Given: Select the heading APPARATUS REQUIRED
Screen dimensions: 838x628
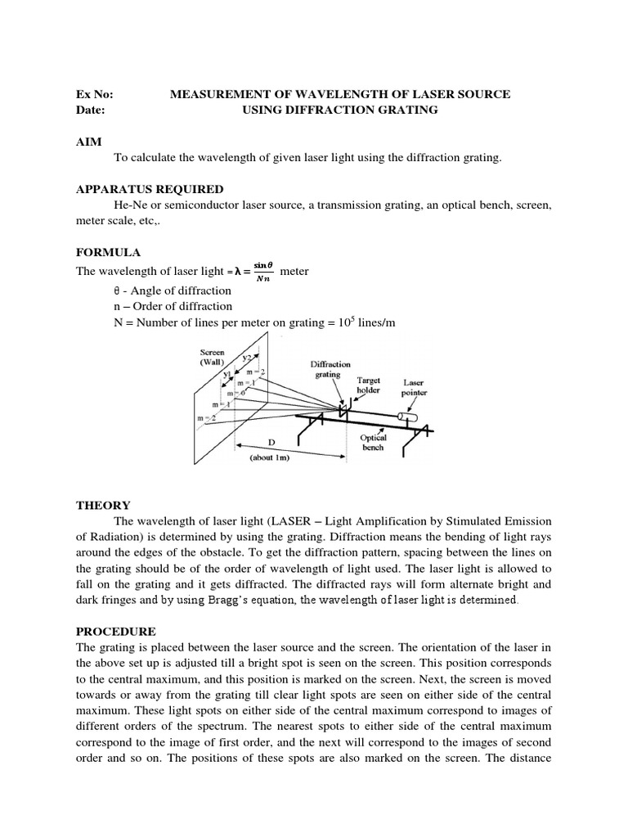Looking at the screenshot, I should pos(149,189).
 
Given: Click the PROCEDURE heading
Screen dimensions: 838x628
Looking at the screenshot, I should pos(115,632).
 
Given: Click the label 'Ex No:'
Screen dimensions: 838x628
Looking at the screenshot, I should pos(92,95).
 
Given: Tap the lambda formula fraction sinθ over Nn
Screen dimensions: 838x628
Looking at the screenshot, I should pos(262,272).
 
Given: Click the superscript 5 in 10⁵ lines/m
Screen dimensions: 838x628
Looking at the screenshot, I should pos(365,318).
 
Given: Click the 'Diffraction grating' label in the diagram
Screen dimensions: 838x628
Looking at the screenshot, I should pos(330,370).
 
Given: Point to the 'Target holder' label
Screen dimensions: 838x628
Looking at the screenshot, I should pos(369,385).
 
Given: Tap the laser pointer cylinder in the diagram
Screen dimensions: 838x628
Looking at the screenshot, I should pos(406,417).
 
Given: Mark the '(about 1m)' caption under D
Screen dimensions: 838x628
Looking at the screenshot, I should pos(270,457).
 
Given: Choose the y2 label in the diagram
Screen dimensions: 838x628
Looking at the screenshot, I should pos(246,358).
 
